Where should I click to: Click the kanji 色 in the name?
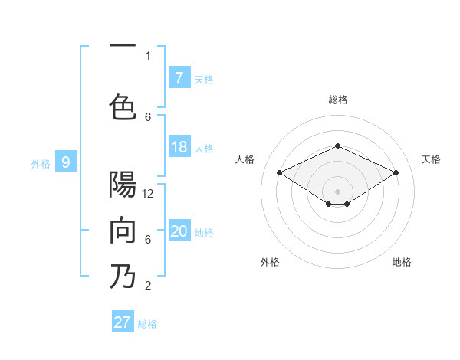pyautogui.click(x=123, y=105)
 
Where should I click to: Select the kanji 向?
pyautogui.click(x=123, y=231)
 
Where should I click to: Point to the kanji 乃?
pyautogui.click(x=123, y=277)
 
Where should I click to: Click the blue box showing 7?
pyautogui.click(x=179, y=77)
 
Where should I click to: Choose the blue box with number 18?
pyautogui.click(x=179, y=147)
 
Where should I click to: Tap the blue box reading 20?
pyautogui.click(x=179, y=231)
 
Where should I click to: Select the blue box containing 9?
pyautogui.click(x=66, y=162)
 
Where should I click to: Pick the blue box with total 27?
pyautogui.click(x=123, y=322)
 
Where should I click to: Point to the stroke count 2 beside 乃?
pyautogui.click(x=148, y=286)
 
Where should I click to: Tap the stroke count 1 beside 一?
pyautogui.click(x=148, y=55)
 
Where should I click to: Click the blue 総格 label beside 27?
pyautogui.click(x=147, y=324)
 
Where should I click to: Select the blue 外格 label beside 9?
pyautogui.click(x=40, y=163)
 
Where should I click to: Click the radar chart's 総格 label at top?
pyautogui.click(x=337, y=100)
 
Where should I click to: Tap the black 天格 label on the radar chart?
pyautogui.click(x=431, y=159)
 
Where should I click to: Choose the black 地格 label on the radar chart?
pyautogui.click(x=402, y=262)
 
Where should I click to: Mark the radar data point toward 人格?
pyautogui.click(x=280, y=173)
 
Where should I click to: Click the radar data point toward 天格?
pyautogui.click(x=396, y=173)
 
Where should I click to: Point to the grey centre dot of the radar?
pyautogui.click(x=337, y=190)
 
